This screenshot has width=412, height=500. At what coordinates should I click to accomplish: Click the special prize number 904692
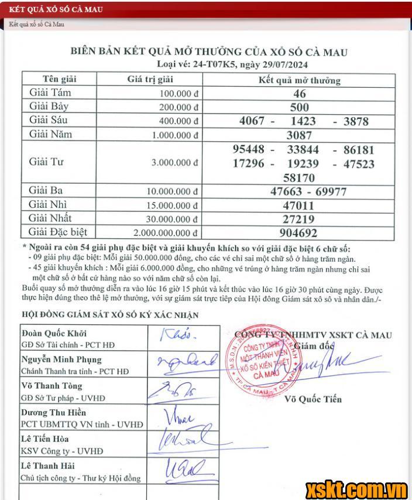pos(300,233)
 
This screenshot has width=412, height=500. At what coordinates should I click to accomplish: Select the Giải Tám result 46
pos(300,94)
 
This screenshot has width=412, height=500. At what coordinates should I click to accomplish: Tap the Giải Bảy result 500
pos(300,107)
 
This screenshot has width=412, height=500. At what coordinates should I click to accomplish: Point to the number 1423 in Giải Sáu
pos(303,121)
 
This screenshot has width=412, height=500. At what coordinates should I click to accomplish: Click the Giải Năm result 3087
pos(300,135)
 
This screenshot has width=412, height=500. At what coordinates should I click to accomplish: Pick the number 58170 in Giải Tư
pos(298,177)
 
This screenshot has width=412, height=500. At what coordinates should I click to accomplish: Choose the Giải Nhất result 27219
pos(300,219)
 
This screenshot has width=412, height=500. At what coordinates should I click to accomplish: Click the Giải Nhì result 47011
pos(300,206)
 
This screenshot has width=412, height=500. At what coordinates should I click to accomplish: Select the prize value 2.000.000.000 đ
pos(165,233)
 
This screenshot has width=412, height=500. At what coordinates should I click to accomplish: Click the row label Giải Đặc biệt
pos(58,232)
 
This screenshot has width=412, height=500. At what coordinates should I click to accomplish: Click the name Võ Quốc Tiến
pos(313,400)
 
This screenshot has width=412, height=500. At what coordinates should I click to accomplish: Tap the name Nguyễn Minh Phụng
pos(61,359)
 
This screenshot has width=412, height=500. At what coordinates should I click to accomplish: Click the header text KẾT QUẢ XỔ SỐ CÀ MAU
pos(50,11)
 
